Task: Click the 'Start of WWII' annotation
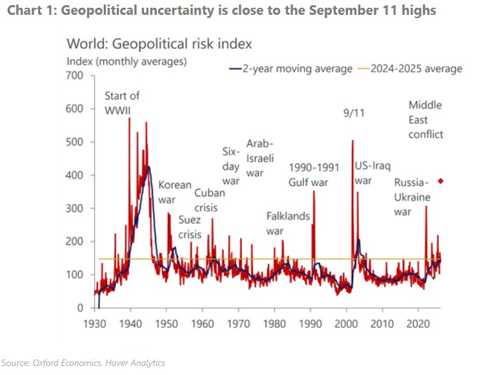(122, 103)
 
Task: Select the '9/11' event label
(352, 114)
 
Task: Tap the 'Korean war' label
(175, 192)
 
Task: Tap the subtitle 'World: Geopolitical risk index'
(159, 45)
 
